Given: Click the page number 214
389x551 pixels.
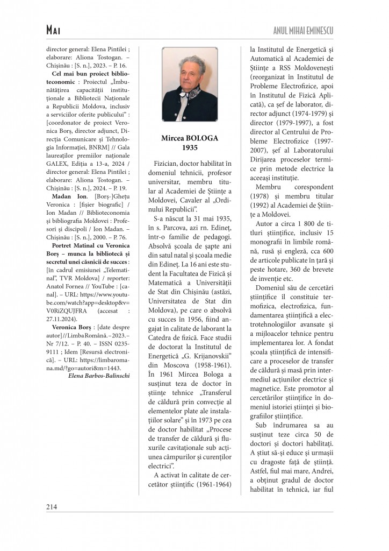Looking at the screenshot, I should click(52, 506).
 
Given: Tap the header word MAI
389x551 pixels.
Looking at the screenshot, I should click(55, 31).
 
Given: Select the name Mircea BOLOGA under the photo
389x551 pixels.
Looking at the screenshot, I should click(190, 138).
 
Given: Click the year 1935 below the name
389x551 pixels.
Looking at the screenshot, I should click(190, 147).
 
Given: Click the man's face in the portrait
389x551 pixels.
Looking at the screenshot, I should click(190, 74).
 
